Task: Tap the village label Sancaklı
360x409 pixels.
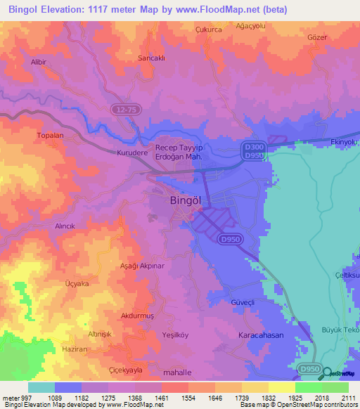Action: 151,58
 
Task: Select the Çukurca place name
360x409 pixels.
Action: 208,30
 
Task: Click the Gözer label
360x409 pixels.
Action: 318,37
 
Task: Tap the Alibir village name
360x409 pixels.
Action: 39,62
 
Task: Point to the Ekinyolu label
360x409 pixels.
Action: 344,141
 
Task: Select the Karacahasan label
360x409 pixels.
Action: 261,335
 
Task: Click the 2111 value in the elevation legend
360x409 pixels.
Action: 349,398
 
